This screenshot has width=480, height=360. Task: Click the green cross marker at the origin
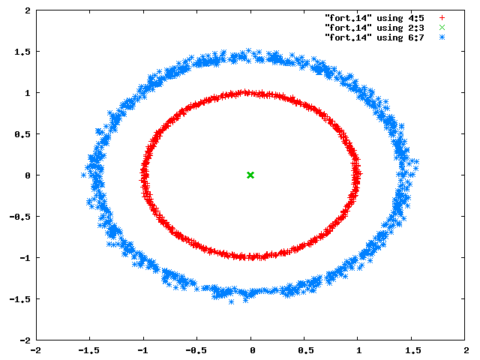(x=250, y=175)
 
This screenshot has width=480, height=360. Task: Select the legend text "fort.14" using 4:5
(x=374, y=18)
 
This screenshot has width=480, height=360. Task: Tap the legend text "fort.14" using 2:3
(x=374, y=28)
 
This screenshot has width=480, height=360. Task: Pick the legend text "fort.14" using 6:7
(x=374, y=37)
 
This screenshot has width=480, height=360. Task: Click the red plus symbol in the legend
(x=442, y=18)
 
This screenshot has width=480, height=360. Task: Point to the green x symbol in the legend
(x=442, y=28)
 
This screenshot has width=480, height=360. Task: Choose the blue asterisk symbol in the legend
(x=442, y=37)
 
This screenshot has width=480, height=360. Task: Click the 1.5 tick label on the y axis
(x=22, y=52)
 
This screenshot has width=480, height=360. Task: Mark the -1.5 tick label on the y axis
(x=20, y=299)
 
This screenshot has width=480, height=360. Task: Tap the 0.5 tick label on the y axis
(x=22, y=134)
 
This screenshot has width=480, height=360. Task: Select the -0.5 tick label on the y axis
(x=20, y=217)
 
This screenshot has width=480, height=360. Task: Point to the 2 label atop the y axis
(x=28, y=10)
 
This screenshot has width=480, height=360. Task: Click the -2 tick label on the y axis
(x=25, y=340)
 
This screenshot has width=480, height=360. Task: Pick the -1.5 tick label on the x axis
(x=88, y=350)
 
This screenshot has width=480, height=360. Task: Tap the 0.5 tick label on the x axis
(x=306, y=350)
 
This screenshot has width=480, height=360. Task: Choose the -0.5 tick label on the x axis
(x=196, y=350)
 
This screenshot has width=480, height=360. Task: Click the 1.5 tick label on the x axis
(x=413, y=350)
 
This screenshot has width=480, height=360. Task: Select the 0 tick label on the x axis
(x=252, y=350)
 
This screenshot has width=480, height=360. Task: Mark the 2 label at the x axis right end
(x=466, y=350)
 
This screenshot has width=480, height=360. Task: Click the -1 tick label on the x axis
(x=142, y=350)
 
